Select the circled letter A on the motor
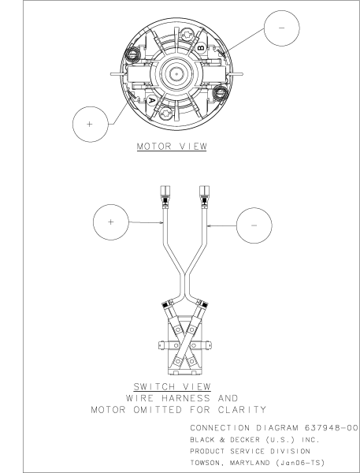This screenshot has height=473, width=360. (152, 101)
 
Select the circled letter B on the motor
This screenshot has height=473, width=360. (201, 47)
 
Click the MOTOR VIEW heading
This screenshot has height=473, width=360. (172, 147)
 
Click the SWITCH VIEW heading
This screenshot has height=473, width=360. (173, 387)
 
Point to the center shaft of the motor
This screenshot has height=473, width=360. (176, 73)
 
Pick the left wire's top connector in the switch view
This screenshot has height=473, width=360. (165, 197)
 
